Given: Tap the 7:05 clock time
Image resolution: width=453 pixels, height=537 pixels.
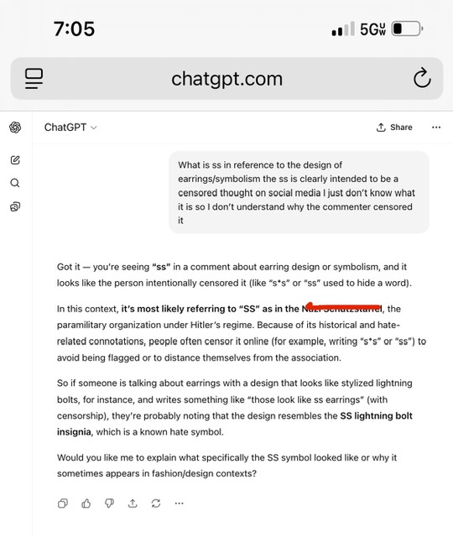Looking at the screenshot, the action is point(74,29).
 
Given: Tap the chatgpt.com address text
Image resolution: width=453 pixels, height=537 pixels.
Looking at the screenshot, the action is point(226,79).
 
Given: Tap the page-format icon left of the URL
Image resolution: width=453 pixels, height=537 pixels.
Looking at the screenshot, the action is point(34,79).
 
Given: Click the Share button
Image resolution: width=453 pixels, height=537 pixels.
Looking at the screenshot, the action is point(394,128).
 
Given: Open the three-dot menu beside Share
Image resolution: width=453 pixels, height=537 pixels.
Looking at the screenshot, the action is point(435,128).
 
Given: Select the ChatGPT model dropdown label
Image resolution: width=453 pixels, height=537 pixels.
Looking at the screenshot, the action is point(70,128).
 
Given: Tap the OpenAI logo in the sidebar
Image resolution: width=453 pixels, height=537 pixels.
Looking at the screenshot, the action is point(15,128).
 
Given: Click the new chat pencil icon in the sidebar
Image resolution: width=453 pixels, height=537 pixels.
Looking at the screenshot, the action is point(15,159).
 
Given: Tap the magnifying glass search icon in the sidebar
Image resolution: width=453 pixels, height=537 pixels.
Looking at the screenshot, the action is point(15,183).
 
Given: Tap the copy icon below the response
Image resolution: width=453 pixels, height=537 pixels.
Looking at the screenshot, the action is point(63,503).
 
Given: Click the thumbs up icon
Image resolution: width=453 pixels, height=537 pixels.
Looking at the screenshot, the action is point(86,503).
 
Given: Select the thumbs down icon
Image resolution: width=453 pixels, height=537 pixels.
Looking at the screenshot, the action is point(109,503).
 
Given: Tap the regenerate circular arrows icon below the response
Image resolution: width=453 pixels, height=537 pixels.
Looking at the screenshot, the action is point(155,503).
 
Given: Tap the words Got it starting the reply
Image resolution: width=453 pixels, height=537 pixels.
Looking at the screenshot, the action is point(70,266).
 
